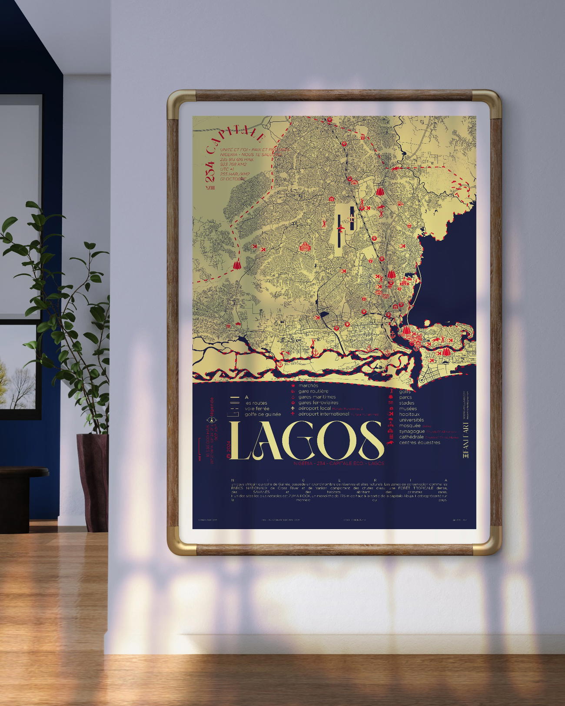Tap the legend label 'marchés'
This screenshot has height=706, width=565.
coord(308,385)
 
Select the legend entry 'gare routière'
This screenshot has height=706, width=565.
coord(313,391)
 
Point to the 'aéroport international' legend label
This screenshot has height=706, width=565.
coord(323,414)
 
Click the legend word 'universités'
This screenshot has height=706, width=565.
coord(411,420)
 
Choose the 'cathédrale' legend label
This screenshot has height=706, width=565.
coord(411,437)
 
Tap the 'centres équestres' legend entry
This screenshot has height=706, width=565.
coord(419,442)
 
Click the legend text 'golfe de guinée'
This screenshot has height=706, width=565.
coord(263,414)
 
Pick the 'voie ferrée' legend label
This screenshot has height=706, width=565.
coord(257,408)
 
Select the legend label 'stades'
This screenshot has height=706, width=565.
coord(406,403)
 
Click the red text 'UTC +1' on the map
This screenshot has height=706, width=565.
coord(227,169)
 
